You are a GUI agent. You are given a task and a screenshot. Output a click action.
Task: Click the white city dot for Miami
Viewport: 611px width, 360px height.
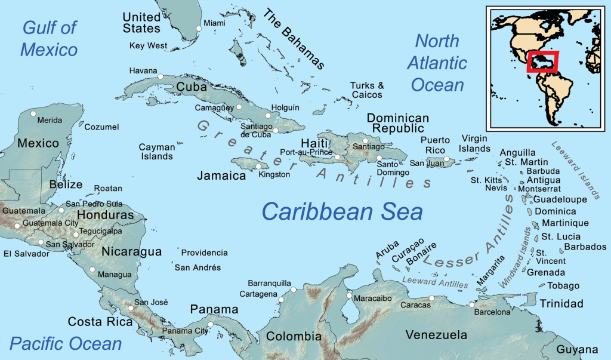tap(199, 28)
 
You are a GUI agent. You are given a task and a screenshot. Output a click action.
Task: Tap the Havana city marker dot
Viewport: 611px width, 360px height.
tap(160, 76)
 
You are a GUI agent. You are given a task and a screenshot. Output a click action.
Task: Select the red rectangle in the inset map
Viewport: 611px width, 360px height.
tap(542, 61)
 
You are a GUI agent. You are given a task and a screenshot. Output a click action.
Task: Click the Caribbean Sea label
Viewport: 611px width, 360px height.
tap(342, 211)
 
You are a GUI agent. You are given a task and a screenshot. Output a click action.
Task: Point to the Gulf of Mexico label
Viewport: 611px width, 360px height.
tap(50, 38)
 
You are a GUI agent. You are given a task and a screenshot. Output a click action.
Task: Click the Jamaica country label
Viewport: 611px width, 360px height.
tap(222, 176)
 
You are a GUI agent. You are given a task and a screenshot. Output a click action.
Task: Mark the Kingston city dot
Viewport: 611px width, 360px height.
tap(258, 167)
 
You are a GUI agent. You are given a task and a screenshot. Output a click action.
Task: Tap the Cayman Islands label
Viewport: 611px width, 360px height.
tap(156, 152)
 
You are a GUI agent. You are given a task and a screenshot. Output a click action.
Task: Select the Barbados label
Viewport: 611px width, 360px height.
tap(585, 247)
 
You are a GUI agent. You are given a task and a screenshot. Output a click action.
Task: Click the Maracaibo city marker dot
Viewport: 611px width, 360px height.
tap(349, 295)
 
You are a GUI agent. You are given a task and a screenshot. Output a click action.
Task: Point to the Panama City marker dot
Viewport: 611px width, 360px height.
tap(210, 325)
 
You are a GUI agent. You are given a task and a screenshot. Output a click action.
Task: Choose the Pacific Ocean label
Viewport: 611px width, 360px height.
tap(66, 343)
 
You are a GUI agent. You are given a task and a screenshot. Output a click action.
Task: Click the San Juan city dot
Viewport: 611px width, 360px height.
tap(446, 159)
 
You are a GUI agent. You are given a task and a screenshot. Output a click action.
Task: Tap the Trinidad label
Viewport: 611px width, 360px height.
tap(561, 304)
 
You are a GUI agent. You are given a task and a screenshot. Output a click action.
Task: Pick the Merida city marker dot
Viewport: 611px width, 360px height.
tap(33, 113)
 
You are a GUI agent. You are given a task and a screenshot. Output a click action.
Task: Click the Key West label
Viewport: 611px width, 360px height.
tap(148, 45)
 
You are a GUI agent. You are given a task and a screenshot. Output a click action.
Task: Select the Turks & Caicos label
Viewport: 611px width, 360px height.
tap(367, 90)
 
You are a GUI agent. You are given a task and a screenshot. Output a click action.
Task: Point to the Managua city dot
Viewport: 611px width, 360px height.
tap(92, 269)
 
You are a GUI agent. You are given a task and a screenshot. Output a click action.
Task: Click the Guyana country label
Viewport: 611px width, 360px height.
tap(577, 349)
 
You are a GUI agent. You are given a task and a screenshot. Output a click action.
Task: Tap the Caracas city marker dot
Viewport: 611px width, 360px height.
tap(432, 299)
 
